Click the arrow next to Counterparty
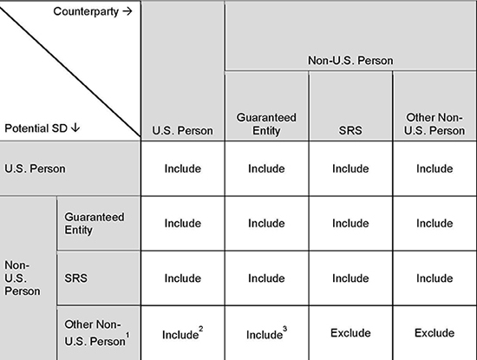tap(127, 11)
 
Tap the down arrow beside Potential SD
tap(75, 128)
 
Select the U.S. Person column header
tap(182, 130)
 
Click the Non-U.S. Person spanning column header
tap(350, 60)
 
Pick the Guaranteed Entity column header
tap(266, 124)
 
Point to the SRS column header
tap(350, 130)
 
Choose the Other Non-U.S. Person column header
tap(435, 124)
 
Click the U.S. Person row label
tap(35, 168)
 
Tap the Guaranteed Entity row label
tap(95, 223)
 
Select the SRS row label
tap(76, 278)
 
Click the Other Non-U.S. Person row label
tap(95, 333)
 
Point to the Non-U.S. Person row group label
tap(23, 278)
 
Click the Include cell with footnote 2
tap(182, 333)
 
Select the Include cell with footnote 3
tap(266, 333)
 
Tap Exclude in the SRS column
tap(350, 333)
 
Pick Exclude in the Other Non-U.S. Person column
tap(435, 333)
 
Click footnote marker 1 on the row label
tap(127, 335)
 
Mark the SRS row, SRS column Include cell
tap(350, 278)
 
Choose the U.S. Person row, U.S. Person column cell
tap(182, 168)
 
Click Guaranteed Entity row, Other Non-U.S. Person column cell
tap(435, 223)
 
